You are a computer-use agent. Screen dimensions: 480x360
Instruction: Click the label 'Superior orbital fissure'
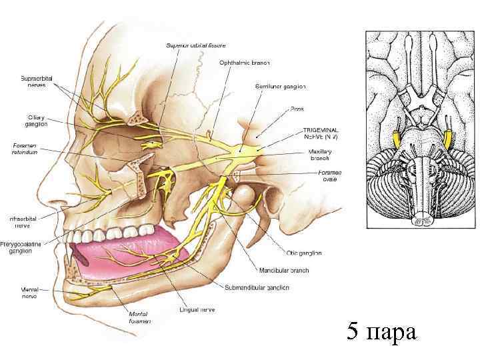click(195, 45)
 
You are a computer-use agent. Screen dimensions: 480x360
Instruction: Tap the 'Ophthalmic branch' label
click(244, 63)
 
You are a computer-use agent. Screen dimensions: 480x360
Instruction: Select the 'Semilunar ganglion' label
click(280, 86)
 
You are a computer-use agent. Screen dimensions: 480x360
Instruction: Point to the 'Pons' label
click(297, 109)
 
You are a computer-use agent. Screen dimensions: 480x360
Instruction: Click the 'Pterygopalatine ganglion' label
click(21, 247)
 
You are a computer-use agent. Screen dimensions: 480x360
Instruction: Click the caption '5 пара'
click(382, 331)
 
